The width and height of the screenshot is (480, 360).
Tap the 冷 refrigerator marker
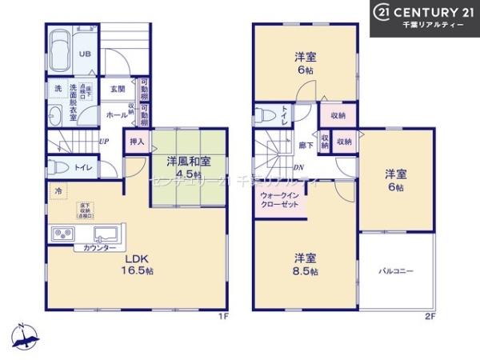58,191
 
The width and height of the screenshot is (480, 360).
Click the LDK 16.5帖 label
138,265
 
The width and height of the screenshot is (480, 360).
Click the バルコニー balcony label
396,272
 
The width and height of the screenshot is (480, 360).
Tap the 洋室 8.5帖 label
305,264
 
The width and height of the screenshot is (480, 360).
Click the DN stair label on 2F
298,166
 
